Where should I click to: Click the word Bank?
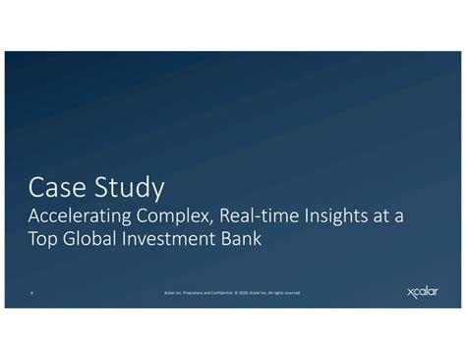tap(242, 239)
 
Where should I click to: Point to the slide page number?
tap(33, 292)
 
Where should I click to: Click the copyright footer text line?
tap(233, 292)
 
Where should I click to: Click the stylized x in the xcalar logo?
tap(411, 292)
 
